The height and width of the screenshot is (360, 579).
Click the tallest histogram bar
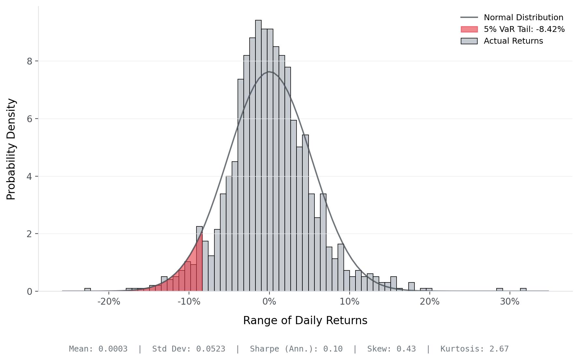pos(258,156)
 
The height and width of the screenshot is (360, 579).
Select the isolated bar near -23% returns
pos(88,290)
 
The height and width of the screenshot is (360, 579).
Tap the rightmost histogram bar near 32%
pos(523,290)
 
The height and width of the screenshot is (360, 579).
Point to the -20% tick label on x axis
pos(109,302)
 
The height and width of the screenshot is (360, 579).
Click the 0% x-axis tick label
pos(269,302)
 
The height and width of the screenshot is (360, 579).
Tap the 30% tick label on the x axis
pos(510,302)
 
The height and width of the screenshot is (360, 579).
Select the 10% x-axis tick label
pos(349,302)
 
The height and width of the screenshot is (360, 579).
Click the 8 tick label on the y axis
pos(30,61)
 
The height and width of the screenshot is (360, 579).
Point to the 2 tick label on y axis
pos(30,234)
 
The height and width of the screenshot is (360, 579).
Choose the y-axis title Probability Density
pos(11,149)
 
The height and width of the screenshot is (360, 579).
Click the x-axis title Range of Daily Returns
pos(305,321)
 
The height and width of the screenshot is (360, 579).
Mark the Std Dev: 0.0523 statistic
pos(189,349)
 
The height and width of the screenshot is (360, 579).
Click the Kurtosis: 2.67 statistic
pos(474,349)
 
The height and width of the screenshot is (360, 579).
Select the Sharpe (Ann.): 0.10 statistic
pos(296,349)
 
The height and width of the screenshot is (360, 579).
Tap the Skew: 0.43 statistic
pos(391,349)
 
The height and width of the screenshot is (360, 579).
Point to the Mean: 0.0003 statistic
pos(98,349)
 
